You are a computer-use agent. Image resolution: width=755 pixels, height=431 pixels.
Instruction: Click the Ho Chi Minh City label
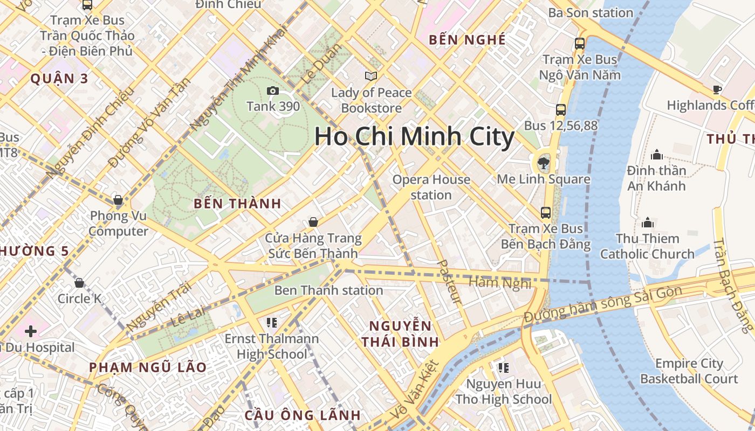[x=414, y=137]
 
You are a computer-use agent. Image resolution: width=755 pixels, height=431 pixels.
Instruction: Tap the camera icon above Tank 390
[x=273, y=91]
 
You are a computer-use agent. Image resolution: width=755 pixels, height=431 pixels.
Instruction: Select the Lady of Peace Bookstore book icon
[x=370, y=76]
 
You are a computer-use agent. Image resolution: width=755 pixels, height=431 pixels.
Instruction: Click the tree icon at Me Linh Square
[x=543, y=163]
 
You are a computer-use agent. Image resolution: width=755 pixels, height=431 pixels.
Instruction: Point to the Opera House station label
[x=431, y=187]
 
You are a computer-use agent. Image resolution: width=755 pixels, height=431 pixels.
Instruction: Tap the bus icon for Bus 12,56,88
[x=561, y=110]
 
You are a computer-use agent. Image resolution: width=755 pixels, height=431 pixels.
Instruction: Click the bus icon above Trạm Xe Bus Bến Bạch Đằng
[x=546, y=212]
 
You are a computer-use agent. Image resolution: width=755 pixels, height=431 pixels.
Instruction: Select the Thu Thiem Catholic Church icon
[x=648, y=223]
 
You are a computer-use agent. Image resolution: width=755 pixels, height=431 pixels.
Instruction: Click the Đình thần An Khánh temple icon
[x=656, y=155]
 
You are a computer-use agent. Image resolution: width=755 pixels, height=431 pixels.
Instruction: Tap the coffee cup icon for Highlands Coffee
[x=717, y=89]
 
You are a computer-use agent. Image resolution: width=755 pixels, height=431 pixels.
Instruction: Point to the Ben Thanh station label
[x=328, y=290]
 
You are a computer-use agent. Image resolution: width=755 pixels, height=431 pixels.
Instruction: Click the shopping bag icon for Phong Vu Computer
[x=118, y=200]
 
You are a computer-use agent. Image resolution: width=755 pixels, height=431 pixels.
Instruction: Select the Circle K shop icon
[x=79, y=283]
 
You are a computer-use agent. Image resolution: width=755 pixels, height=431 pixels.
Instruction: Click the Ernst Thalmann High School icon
[x=272, y=323]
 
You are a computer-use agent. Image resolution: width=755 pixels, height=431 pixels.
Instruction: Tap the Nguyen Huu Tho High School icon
[x=503, y=368]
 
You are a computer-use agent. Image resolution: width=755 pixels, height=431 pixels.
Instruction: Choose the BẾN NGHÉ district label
[x=467, y=39]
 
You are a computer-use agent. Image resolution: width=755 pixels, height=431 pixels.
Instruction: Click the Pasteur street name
[x=449, y=281]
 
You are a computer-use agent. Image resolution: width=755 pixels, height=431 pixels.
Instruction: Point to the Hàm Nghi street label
[x=500, y=282]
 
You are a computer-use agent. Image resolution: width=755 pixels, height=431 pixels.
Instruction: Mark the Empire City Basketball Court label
[x=689, y=371]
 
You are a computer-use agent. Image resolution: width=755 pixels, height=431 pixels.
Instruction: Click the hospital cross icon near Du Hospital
[x=30, y=331]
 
